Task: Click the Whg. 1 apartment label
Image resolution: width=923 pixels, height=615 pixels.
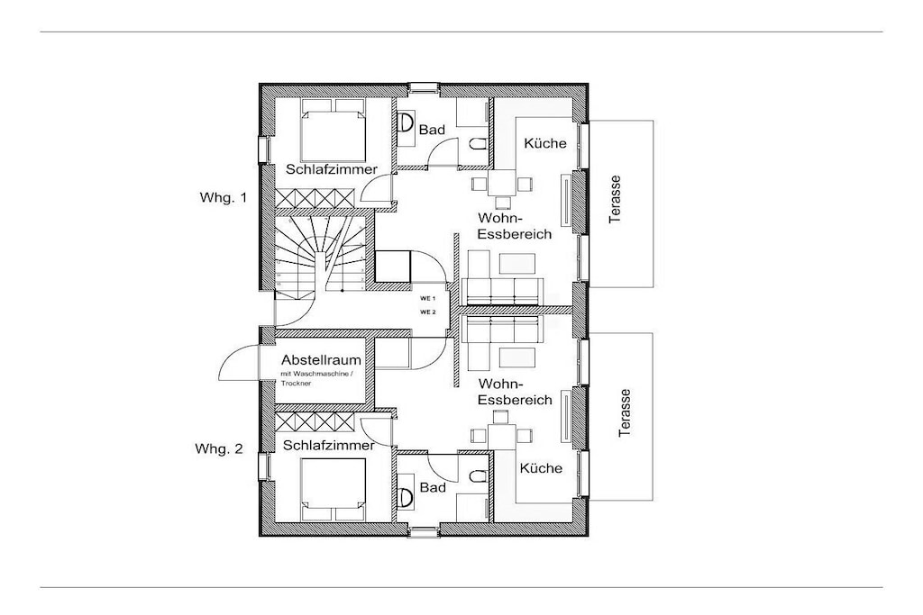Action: pos(224,197)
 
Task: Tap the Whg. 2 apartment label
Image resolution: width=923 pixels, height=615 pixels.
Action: pos(218,449)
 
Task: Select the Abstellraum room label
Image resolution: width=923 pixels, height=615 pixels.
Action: pos(321,360)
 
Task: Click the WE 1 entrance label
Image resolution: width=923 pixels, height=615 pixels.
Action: pos(427,299)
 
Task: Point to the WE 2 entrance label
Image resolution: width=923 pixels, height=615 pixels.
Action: pos(427,312)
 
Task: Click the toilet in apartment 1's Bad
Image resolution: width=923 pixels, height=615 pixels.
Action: pos(478,143)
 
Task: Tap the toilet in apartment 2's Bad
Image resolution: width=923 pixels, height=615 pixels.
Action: pos(478,475)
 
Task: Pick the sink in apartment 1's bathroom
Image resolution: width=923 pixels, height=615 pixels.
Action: pos(406,123)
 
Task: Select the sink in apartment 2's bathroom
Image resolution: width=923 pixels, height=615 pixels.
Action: pos(406,498)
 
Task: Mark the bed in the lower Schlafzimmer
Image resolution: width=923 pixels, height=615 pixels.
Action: pos(334,490)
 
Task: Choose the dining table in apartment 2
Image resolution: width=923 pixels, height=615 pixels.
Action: pos(502,436)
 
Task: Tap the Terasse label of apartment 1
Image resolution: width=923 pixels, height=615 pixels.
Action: pos(615,199)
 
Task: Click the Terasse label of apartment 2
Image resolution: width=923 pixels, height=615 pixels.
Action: pos(625,412)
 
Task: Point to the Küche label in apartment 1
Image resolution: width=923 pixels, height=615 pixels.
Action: pos(545,143)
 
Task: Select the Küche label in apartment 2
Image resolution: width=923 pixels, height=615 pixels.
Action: pos(541,468)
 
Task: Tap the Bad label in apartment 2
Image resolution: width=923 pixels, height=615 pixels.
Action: pos(433,488)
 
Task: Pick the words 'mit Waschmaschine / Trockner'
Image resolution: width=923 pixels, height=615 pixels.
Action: pos(318,379)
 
